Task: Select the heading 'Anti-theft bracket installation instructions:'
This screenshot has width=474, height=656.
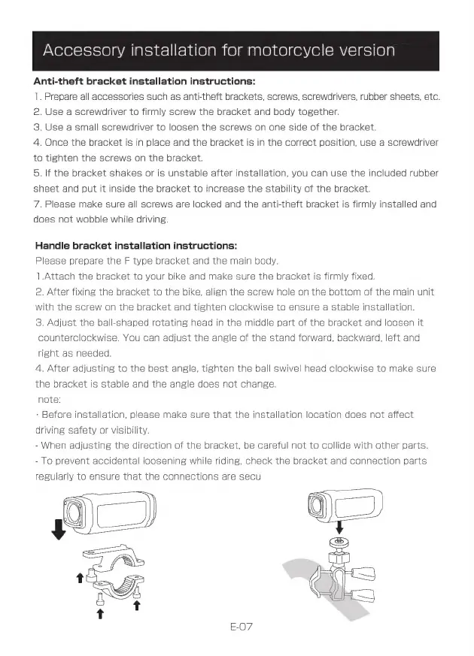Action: point(144,81)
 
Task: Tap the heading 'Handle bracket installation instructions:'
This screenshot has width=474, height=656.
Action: point(137,245)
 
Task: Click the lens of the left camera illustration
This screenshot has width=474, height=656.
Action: point(74,512)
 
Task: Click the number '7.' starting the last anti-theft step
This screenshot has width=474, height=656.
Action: point(38,204)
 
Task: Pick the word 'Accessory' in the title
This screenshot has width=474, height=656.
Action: point(84,51)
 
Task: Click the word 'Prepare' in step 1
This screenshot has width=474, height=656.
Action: point(62,97)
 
